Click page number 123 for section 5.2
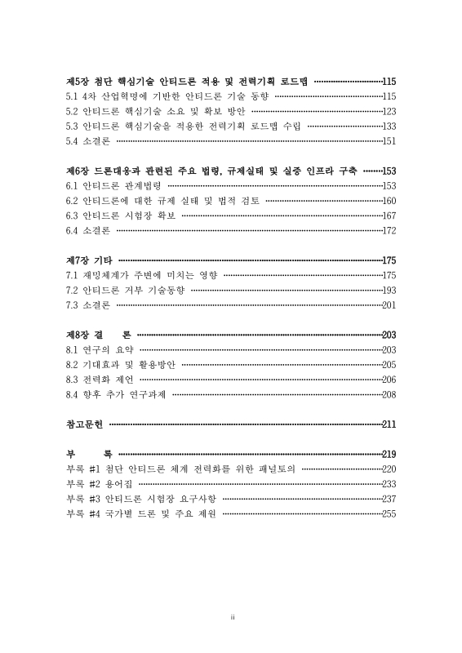[389, 111]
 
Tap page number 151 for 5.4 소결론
[389, 141]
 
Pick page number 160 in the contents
[389, 201]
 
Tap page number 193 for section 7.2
[389, 290]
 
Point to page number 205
[389, 365]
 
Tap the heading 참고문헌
[85, 424]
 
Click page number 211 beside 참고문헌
[389, 424]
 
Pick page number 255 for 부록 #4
[389, 513]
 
